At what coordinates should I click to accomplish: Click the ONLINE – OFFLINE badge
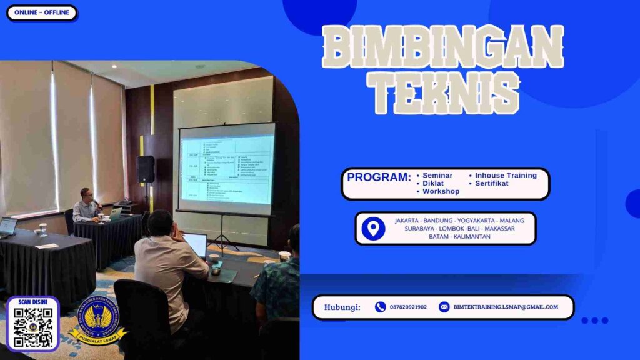point(41,13)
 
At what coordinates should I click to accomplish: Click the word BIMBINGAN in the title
point(443,47)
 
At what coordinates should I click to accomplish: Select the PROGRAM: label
point(379,177)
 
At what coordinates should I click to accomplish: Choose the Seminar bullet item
point(437,176)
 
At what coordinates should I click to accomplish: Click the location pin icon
point(373,229)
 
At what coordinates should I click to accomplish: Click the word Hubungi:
point(342,307)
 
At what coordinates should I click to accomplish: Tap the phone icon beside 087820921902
point(380,307)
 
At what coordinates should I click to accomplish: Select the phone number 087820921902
point(408,307)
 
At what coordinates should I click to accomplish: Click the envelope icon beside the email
point(444,307)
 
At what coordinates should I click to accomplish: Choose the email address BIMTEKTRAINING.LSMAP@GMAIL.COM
point(506,307)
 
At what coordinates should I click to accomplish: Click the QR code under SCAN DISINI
point(32,327)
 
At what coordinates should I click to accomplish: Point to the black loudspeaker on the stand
point(145,169)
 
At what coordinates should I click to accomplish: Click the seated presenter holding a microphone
point(87,206)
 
